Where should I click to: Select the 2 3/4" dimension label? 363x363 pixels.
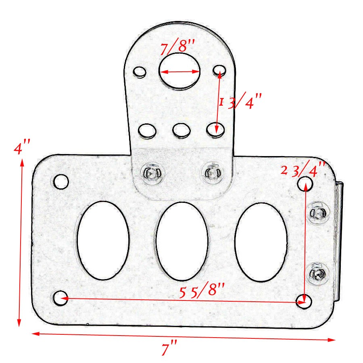click(303, 170)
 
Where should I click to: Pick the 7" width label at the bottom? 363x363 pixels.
click(169, 348)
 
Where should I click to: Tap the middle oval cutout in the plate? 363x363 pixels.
click(182, 241)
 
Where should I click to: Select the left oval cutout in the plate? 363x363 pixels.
click(103, 241)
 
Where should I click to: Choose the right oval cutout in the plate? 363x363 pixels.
click(261, 242)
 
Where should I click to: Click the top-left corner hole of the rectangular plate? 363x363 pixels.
click(61, 181)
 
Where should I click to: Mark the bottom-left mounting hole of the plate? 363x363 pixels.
click(60, 298)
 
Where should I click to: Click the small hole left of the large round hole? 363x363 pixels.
click(140, 72)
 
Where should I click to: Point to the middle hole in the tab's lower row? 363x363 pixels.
click(181, 130)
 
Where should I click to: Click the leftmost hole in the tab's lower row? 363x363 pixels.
click(147, 131)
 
